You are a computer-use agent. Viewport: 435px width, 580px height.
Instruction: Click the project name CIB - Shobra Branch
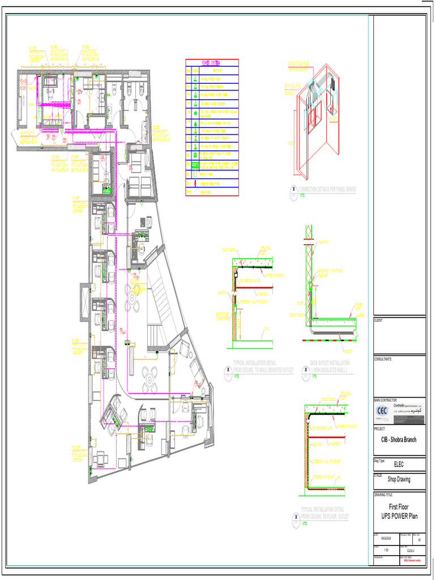point(399,440)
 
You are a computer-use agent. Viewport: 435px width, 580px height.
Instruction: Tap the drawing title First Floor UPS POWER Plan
point(399,511)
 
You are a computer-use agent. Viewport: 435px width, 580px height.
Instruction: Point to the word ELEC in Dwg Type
point(399,464)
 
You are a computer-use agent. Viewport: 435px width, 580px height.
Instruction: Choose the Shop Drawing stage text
point(399,479)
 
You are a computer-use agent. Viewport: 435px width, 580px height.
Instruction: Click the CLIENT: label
point(379,321)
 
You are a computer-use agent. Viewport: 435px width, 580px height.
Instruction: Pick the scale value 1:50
point(386,550)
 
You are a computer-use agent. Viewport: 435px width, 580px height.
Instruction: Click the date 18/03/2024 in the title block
point(388,539)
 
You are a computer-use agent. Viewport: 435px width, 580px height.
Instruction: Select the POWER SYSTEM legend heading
point(211,62)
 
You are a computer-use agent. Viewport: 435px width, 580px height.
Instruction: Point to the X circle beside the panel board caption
point(293,191)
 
